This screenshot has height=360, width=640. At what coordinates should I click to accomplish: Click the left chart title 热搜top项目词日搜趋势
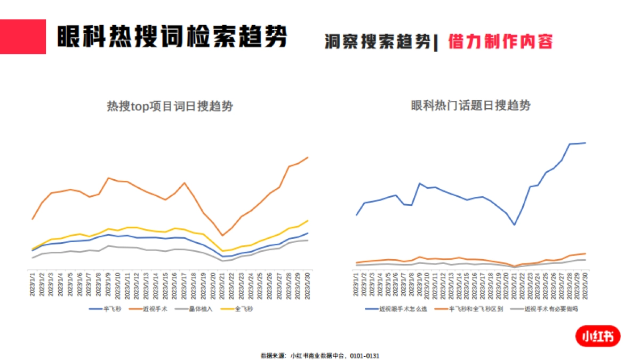(170, 107)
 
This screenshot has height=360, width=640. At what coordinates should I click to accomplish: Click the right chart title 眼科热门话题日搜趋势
(471, 106)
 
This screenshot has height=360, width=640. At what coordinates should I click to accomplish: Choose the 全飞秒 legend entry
(243, 309)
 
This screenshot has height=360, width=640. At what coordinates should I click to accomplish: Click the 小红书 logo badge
(597, 336)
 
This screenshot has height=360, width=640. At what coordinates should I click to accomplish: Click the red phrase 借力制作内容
(500, 42)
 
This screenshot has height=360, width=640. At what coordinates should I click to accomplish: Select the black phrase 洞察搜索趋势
(377, 42)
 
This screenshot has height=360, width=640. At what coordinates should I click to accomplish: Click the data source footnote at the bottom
(320, 355)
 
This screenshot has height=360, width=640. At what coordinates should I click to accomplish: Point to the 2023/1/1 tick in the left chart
(33, 283)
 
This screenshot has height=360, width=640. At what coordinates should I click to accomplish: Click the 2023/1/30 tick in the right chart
(586, 283)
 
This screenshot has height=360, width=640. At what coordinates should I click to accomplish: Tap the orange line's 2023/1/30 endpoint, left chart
(308, 157)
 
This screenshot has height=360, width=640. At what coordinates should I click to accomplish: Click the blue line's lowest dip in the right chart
(514, 225)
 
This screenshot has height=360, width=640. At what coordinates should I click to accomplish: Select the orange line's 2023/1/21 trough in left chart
(222, 236)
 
